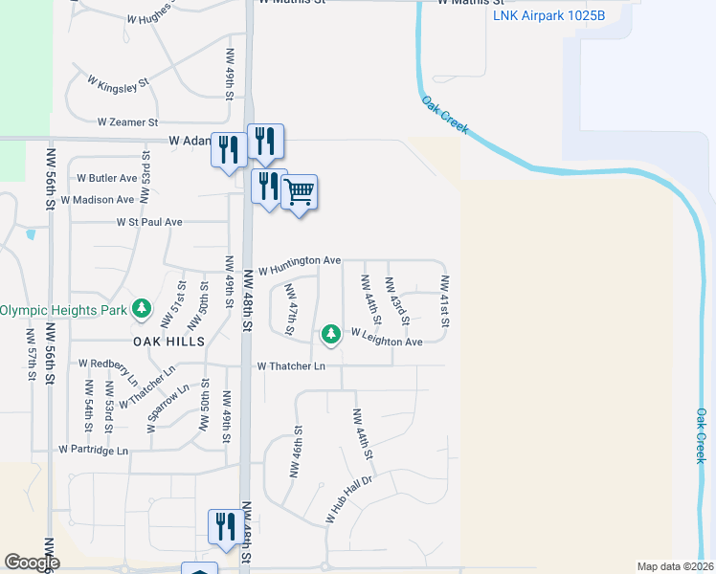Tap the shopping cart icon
coord(299,192)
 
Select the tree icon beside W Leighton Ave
coord(331,334)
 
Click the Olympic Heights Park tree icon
coord(142,308)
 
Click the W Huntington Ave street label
coord(298,260)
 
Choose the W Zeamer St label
coord(127,122)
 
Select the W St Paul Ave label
coord(149,222)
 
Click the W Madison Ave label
coord(99,200)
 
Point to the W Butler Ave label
coord(107,178)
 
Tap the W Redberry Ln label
coord(109,369)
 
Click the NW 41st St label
coord(444,299)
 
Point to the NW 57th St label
coord(31,355)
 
